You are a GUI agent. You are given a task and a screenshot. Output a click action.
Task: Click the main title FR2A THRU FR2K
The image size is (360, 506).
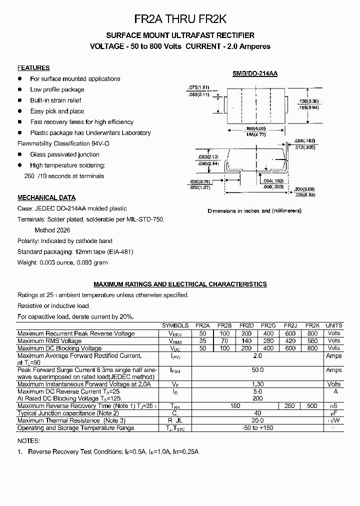180,19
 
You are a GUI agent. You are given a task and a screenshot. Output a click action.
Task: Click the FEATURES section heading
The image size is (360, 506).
33,68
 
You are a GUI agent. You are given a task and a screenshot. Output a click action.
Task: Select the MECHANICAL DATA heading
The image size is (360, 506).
46,197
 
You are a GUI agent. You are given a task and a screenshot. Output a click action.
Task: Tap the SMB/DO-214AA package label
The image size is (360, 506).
255,73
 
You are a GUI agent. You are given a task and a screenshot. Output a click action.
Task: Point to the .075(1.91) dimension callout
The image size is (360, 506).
198,86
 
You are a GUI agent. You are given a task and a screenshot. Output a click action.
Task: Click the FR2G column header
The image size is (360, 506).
268,325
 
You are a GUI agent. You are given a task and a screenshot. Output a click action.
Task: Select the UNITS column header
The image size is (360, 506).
334,325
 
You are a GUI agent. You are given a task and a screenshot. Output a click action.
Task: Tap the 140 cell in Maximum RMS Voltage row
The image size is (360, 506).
246,340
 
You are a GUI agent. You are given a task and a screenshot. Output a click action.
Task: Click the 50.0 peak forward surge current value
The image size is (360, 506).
257,370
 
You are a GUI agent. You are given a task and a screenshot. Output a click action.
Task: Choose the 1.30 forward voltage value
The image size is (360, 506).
257,384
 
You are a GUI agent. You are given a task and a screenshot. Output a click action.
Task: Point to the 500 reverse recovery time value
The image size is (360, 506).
312,406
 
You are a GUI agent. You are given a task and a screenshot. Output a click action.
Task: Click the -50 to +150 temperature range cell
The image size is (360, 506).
257,428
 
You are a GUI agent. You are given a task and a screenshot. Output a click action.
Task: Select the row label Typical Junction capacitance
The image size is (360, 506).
68,413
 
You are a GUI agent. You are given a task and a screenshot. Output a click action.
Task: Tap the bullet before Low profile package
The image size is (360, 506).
20,89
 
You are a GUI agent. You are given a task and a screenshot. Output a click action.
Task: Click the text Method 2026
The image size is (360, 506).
52,230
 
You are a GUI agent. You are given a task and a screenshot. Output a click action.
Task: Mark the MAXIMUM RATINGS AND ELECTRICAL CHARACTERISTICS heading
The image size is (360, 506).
180,284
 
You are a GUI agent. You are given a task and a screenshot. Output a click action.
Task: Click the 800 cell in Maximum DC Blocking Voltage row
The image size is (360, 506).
312,348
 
